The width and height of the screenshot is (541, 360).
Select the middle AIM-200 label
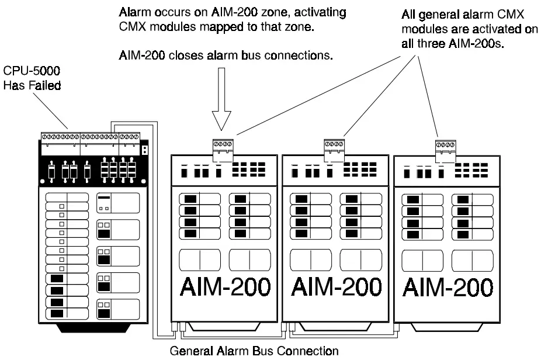[336, 287]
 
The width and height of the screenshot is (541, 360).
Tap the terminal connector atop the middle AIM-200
[335, 146]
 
